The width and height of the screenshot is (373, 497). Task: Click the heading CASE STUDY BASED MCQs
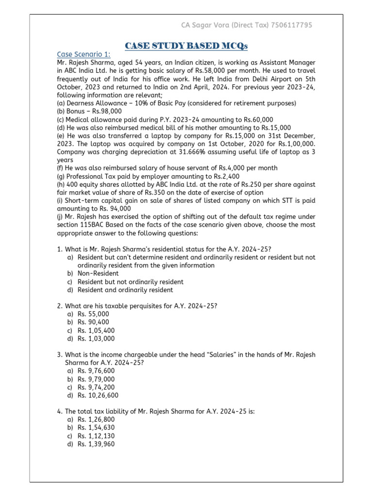(186, 46)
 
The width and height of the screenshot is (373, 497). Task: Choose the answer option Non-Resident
(98, 274)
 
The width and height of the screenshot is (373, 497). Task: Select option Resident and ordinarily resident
(125, 290)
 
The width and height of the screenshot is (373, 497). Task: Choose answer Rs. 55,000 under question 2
(93, 315)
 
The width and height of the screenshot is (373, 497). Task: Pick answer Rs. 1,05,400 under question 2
(96, 331)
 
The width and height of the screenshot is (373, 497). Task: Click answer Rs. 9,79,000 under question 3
(96, 379)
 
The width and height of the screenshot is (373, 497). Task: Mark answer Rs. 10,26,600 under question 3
(98, 395)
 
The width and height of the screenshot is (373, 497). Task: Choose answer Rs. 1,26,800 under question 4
(96, 419)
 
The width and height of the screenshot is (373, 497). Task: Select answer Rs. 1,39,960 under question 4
(96, 444)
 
